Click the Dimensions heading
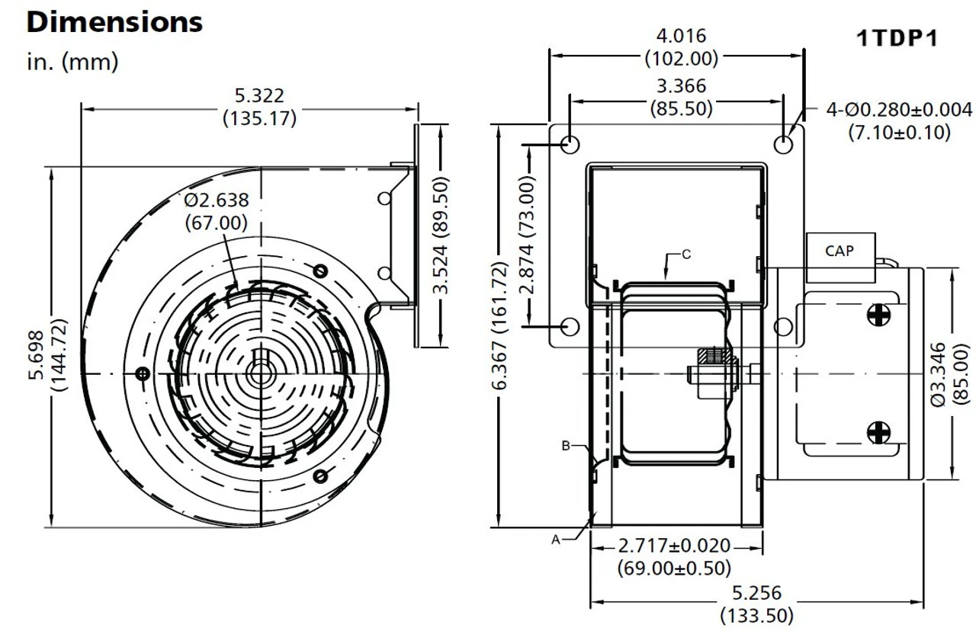point(114,22)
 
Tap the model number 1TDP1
point(897,38)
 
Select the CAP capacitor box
point(840,258)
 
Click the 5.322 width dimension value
point(259,95)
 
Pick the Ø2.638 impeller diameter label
point(216,200)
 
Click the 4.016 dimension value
point(681,36)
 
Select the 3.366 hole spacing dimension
point(681,86)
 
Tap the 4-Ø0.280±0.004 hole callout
point(899,110)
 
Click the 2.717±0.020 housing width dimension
point(674,545)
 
